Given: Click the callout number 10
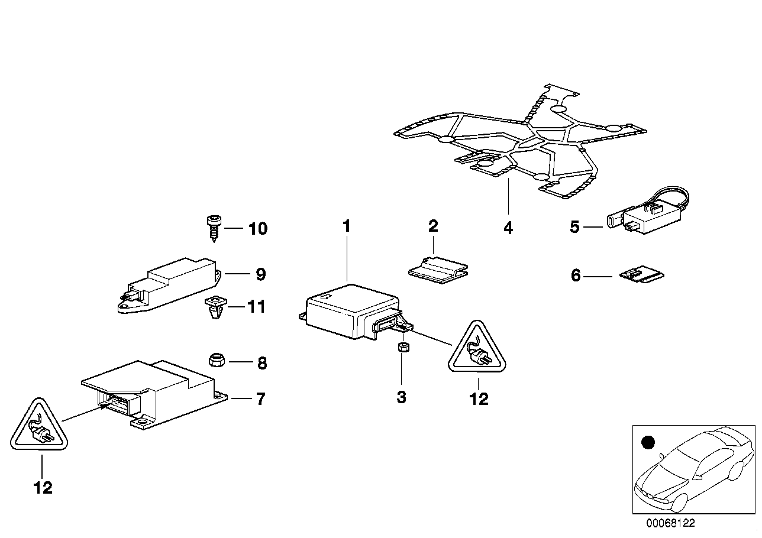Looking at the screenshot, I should [257, 228].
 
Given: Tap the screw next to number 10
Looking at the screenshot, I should [212, 226].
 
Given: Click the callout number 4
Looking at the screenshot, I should [508, 228].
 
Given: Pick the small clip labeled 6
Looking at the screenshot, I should [641, 276].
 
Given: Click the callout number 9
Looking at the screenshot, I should [260, 274].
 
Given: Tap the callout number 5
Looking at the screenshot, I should [574, 226].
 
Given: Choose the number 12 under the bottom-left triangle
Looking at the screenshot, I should [43, 488].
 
